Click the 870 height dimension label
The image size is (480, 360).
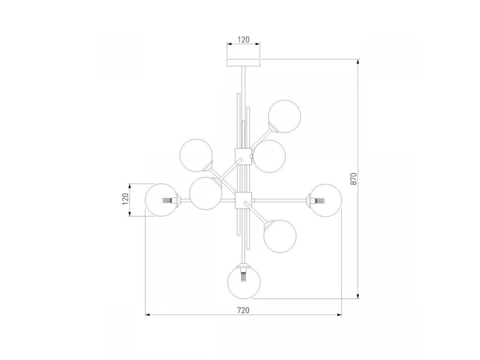354,178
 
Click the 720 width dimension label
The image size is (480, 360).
243,310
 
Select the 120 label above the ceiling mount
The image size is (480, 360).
243,40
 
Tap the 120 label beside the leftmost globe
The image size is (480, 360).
125,199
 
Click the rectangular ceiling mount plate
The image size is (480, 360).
243,62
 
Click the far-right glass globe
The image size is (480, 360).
325,200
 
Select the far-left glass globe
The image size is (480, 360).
162,200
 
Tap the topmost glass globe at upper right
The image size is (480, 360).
284,116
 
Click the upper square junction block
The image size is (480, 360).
243,156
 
